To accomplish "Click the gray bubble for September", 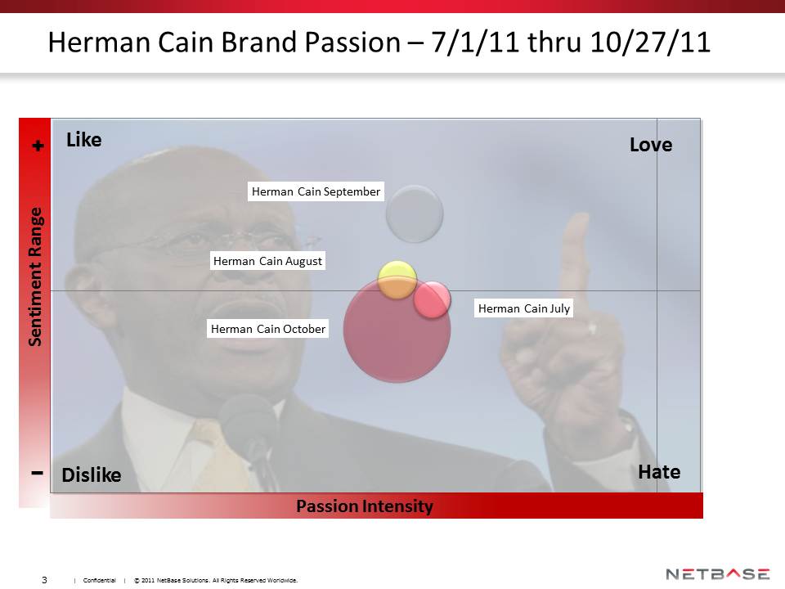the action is tap(415, 214).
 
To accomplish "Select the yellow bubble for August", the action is tap(397, 280).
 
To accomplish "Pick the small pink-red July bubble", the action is tap(432, 299).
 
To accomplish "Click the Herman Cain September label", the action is tap(316, 191).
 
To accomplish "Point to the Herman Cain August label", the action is tap(268, 260).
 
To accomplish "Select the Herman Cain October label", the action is tap(268, 329).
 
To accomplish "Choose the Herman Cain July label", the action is tap(523, 308).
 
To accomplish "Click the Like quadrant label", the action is tap(83, 139).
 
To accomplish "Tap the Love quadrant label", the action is tap(651, 144).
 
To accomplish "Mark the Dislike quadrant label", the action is tap(91, 474).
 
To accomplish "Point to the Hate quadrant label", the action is tap(659, 472).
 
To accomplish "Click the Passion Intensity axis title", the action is tap(365, 506).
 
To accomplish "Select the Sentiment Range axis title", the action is tap(34, 277).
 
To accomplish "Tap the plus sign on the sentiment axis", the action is tap(38, 146).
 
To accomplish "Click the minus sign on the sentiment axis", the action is tap(37, 472).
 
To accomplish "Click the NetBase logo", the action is tap(717, 574).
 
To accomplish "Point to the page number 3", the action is tap(44, 579).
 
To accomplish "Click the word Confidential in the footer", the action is tap(99, 580).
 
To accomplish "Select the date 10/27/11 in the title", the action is tap(650, 42).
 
